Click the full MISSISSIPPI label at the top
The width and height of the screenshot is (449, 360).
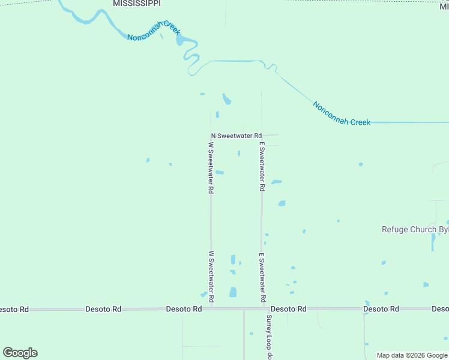click(x=137, y=4)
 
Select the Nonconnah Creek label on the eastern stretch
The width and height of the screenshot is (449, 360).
click(x=341, y=113)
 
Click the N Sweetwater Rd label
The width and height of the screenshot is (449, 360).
click(x=237, y=136)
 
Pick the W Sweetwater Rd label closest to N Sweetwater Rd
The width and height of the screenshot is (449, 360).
click(x=211, y=167)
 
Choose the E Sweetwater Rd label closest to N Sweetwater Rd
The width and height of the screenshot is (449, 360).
click(x=262, y=166)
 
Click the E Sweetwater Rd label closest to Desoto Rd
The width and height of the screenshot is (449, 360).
click(x=262, y=277)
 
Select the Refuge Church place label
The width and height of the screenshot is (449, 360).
click(x=415, y=229)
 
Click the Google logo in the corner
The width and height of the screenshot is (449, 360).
click(x=20, y=353)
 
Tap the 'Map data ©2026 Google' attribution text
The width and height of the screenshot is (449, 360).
click(x=412, y=355)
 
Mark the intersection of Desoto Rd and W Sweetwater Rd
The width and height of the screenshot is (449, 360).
click(x=211, y=308)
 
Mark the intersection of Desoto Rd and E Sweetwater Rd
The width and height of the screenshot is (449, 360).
click(x=262, y=308)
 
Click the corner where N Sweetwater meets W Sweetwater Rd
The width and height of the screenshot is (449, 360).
click(x=211, y=136)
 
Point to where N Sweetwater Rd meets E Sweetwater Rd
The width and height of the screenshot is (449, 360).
click(x=262, y=136)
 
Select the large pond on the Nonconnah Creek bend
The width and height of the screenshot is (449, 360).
click(x=179, y=40)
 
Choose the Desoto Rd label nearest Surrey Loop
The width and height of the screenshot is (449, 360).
click(x=289, y=309)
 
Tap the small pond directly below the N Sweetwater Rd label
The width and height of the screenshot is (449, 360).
click(x=239, y=154)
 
